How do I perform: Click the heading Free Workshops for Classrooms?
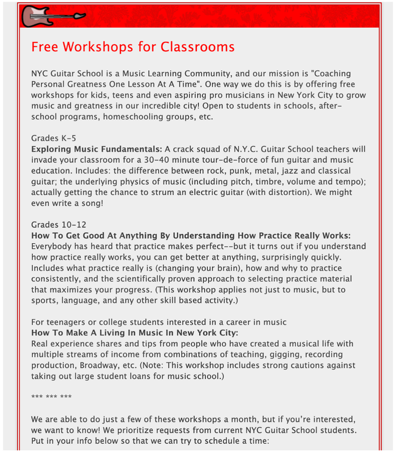pos(133,46)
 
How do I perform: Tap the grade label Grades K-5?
pos(54,138)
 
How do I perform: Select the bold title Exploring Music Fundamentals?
pos(97,149)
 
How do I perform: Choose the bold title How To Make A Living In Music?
pos(135,333)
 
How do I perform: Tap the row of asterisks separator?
pos(51,397)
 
